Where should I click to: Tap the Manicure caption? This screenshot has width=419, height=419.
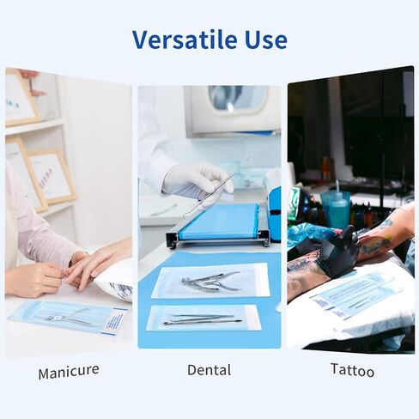[x=69, y=371]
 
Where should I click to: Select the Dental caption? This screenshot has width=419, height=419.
[x=209, y=370]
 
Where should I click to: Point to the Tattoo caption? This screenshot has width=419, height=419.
[x=352, y=371]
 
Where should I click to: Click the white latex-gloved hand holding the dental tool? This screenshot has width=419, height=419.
[x=197, y=179]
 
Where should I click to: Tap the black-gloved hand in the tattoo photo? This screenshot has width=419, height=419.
[x=338, y=251]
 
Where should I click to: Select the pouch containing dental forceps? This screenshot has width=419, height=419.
[x=210, y=280]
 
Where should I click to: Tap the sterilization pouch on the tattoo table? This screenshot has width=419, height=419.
[x=356, y=294]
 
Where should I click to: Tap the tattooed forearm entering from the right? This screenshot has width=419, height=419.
[x=391, y=236]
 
